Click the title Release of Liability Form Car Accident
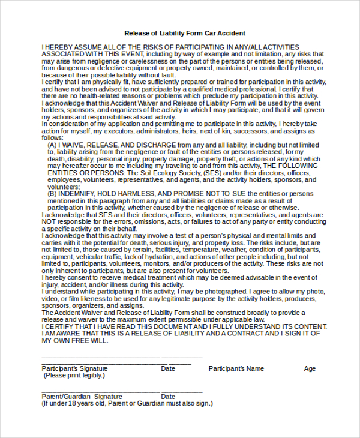point(184,33)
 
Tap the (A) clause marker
point(52,145)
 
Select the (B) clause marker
point(52,193)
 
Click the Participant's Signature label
point(74,368)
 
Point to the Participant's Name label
point(236,368)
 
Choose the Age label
point(310,368)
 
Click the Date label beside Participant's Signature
point(168,368)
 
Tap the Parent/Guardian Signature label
point(82,397)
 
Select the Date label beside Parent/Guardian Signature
point(168,397)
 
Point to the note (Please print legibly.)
point(74,375)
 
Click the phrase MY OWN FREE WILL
point(74,340)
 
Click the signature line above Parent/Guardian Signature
point(100,391)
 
